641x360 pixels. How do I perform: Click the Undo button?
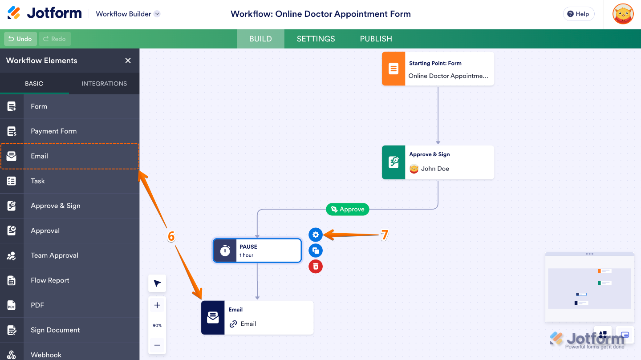tap(20, 39)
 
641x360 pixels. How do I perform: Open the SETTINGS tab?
tap(316, 39)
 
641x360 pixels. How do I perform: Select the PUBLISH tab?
tap(376, 39)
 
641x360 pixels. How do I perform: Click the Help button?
tap(578, 14)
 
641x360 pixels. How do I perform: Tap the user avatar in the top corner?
tap(623, 14)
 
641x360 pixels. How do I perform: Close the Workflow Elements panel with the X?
tap(128, 61)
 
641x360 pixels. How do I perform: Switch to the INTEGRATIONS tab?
tap(104, 83)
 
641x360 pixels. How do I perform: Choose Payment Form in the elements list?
tap(53, 131)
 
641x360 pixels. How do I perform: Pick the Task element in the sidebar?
tap(38, 181)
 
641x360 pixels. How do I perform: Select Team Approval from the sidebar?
tap(54, 255)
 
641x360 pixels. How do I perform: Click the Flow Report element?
tap(50, 280)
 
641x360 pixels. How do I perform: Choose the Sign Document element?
tap(55, 330)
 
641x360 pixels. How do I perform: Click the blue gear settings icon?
tap(316, 235)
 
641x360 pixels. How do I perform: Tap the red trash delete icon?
tap(316, 266)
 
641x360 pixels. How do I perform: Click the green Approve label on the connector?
tap(348, 209)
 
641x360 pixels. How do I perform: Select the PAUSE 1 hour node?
tap(257, 251)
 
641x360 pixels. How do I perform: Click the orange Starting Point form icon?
tap(394, 69)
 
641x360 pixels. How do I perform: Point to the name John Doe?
tap(435, 169)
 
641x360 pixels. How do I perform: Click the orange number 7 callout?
tap(385, 235)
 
